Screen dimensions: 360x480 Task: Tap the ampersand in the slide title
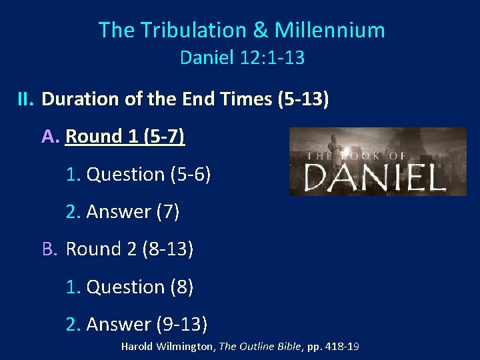pos(259,30)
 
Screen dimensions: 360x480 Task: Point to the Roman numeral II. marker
pos(25,100)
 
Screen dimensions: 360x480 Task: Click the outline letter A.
pos(51,137)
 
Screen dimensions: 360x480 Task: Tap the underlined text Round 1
pos(103,137)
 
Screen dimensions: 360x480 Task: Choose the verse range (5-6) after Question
pos(191,175)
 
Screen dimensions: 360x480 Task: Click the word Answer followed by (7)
pos(119,212)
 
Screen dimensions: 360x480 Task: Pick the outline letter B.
pos(50,249)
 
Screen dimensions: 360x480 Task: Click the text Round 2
pos(103,249)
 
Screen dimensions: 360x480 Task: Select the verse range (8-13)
pos(168,249)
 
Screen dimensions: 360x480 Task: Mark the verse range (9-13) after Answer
pos(182,324)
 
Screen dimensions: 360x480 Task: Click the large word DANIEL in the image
pos(375,177)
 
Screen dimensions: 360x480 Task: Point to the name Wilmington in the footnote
pos(187,347)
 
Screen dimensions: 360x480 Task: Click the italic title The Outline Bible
pos(260,347)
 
